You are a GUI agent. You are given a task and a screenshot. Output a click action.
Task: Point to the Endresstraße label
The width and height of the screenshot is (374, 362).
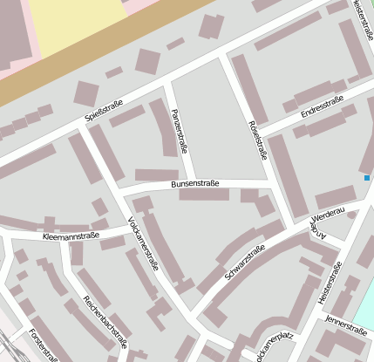click(322, 108)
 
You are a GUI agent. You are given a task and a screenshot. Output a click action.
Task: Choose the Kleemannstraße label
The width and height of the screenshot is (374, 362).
click(71, 236)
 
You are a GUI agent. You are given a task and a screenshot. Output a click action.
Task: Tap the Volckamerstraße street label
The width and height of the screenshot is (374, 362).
click(143, 243)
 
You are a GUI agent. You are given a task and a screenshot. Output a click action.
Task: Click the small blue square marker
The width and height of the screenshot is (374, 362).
click(367, 178)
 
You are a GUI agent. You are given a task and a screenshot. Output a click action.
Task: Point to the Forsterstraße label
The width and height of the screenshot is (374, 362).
click(43, 345)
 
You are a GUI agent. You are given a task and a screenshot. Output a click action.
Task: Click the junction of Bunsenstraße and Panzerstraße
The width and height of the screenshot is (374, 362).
click(190, 184)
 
